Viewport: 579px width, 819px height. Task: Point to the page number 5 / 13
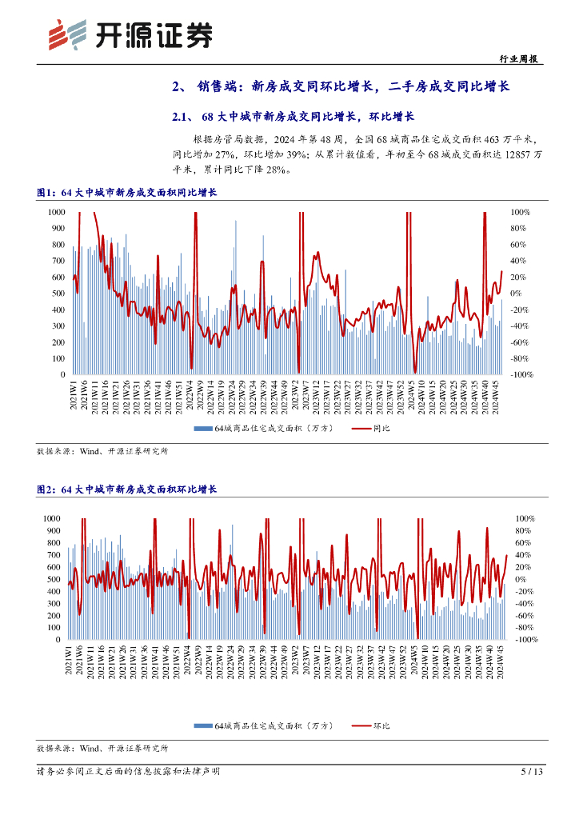[x=532, y=772]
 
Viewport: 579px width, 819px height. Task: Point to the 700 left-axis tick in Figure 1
[x=58, y=261]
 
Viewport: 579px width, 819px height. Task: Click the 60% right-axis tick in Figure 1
[x=521, y=245]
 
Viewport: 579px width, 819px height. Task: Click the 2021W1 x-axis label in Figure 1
[x=74, y=397]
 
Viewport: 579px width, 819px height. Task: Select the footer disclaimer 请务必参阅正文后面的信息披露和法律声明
[x=128, y=772]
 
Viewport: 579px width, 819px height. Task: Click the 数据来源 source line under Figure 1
[x=102, y=451]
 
